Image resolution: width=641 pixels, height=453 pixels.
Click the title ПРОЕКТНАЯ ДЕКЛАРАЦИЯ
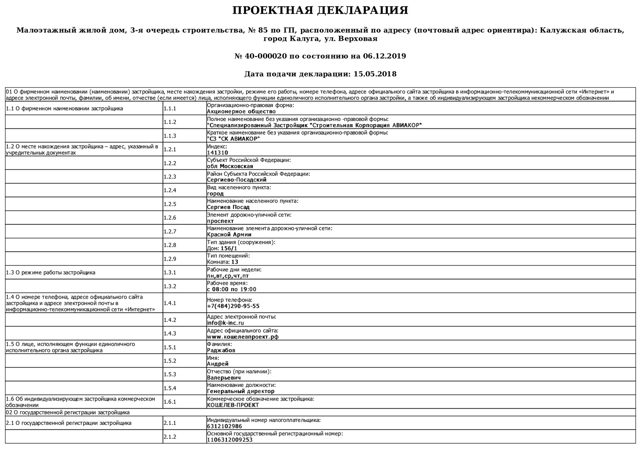pos(320,10)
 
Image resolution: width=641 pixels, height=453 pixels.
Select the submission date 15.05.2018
pos(375,74)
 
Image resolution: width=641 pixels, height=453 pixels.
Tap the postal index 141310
pos(217,153)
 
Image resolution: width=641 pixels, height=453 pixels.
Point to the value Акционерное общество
pos(241,112)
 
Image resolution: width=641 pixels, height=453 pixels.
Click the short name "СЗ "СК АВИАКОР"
pos(233,139)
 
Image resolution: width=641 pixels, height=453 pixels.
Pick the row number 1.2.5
pos(170,204)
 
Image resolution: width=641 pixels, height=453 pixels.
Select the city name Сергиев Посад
pos(228,207)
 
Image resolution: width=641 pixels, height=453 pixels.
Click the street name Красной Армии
pos(229,234)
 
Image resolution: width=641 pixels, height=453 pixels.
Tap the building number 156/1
pos(228,248)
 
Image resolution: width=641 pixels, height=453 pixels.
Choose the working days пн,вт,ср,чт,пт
pos(228,276)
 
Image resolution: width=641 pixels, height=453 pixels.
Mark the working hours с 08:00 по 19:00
pos(231,289)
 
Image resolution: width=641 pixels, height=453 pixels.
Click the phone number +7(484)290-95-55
pos(233,306)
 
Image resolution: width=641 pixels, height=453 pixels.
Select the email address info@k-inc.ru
pos(225,323)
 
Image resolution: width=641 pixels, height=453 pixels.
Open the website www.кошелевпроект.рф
pos(242,337)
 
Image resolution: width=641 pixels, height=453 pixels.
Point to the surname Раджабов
pos(221,350)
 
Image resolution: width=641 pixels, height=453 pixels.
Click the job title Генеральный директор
pos(241,391)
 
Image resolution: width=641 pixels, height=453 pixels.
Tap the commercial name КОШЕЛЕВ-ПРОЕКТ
pos(233,405)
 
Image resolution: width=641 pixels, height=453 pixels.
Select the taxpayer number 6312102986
pos(224,426)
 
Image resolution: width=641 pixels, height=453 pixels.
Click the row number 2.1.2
pos(170,437)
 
